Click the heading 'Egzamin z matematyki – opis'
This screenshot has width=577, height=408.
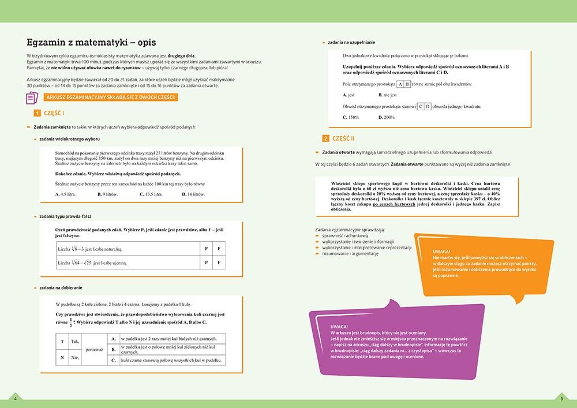pyautogui.click(x=91, y=43)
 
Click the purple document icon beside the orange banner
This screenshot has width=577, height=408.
pyautogui.click(x=31, y=98)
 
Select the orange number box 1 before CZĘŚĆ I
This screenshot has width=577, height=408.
pyautogui.click(x=36, y=113)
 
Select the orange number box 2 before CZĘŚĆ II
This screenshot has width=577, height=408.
pyautogui.click(x=326, y=139)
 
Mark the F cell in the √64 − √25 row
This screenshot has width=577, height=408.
pyautogui.click(x=219, y=263)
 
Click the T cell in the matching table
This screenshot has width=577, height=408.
pyautogui.click(x=62, y=342)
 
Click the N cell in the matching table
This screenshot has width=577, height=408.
pyautogui.click(x=62, y=358)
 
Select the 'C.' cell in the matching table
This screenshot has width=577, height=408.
pyautogui.click(x=114, y=360)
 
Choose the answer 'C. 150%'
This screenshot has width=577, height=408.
pyautogui.click(x=351, y=117)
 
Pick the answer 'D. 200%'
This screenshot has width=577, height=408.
pyautogui.click(x=387, y=117)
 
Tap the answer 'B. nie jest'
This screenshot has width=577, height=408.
pyautogui.click(x=388, y=95)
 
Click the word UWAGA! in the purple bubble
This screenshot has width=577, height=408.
pyautogui.click(x=339, y=327)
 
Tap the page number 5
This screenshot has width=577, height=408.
pyautogui.click(x=561, y=398)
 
